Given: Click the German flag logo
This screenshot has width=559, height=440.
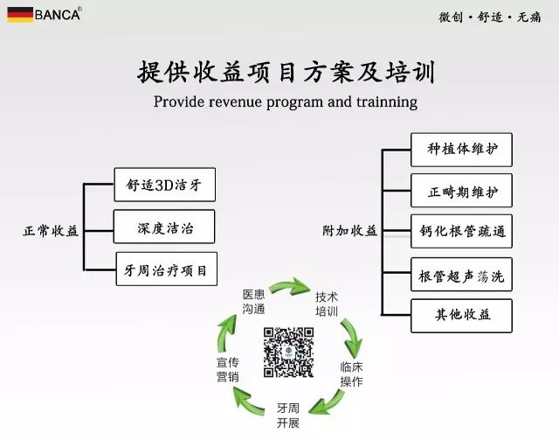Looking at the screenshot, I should pos(19,14).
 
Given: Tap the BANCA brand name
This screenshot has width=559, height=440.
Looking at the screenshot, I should pos(58,14).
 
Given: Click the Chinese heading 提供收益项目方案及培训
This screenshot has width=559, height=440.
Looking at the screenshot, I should pos(286,71).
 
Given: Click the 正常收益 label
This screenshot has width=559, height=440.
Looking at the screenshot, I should pos(51,231).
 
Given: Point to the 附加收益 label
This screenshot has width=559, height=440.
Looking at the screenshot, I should pos(350,231).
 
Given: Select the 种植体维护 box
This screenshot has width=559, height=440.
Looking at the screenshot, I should pos(461,149).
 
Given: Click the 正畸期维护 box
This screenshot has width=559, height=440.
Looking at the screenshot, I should pos(461,190).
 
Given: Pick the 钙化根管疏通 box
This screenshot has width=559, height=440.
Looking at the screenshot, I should pos(461,232).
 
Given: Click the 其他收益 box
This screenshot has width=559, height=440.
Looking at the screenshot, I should pos(461,315).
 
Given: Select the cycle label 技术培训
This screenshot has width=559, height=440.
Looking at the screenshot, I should pos(327,304).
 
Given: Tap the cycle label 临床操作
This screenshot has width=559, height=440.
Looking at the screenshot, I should pos(351,374).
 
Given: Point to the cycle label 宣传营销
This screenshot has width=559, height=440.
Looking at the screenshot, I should pos(228,369).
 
